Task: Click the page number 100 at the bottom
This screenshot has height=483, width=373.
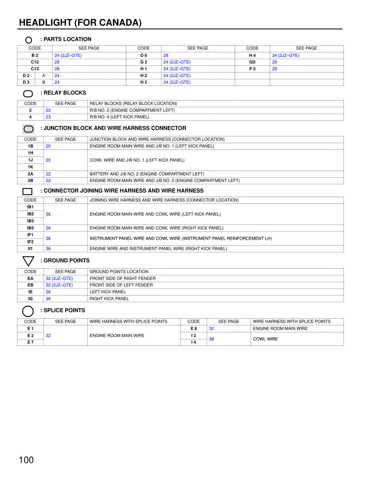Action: point(26,460)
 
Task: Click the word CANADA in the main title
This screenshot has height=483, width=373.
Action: point(119,23)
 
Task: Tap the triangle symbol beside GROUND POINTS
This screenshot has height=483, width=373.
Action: point(28,261)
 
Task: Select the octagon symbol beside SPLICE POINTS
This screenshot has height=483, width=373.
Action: point(28,311)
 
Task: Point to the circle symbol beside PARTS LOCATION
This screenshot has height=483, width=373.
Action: point(29,40)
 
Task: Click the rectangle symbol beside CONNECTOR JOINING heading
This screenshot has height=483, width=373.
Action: point(27,192)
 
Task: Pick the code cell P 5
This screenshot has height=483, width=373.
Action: point(252,69)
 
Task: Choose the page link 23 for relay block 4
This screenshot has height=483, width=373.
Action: point(48,117)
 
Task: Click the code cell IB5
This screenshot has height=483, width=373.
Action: point(30,228)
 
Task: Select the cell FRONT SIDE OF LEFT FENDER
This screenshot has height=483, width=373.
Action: point(121,285)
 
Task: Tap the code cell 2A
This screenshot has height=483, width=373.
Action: point(30,174)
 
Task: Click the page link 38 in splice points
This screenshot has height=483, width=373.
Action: point(212,339)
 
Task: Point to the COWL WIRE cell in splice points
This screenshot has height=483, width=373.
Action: point(265,339)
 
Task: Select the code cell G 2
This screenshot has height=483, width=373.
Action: point(144,62)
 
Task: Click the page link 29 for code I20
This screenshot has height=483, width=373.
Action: point(275,62)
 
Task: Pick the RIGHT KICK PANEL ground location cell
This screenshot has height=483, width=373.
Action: point(109,299)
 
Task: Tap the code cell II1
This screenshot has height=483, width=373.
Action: point(30,249)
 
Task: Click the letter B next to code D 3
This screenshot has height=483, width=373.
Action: point(44,82)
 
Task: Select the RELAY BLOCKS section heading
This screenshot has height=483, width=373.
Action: point(65,93)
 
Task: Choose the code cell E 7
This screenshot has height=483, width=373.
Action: point(30,342)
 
